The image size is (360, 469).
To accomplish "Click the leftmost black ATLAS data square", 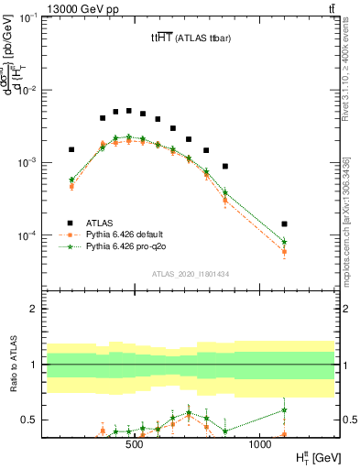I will (71, 149).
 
